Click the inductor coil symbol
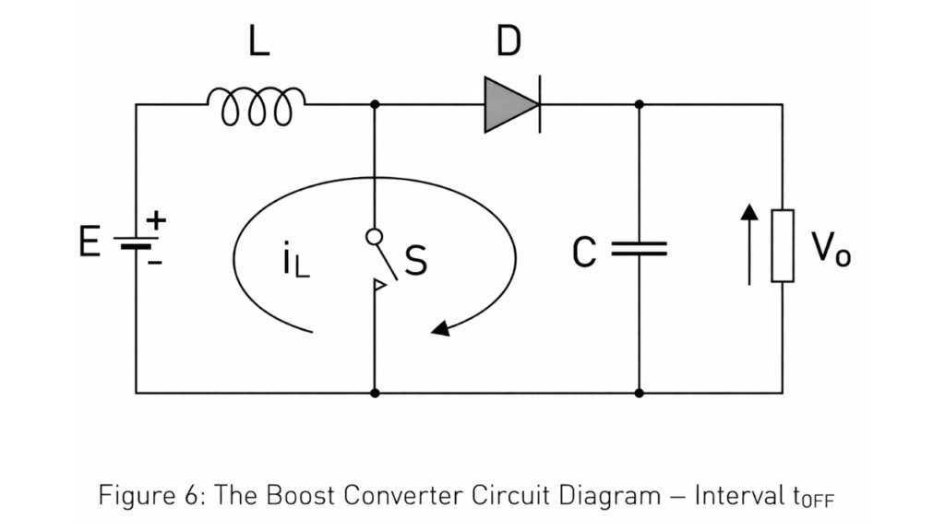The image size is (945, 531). [257, 105]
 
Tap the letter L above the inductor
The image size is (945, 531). [259, 42]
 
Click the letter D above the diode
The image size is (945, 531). [508, 42]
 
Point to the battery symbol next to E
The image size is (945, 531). [136, 242]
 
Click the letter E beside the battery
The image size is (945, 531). [90, 243]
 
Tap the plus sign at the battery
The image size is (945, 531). [157, 220]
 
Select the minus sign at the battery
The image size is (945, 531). [155, 263]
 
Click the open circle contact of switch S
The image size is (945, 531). [374, 237]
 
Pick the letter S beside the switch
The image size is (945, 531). [416, 261]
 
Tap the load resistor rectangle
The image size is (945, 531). [783, 245]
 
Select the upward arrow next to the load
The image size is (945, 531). [749, 243]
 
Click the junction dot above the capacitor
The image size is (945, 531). [639, 104]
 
